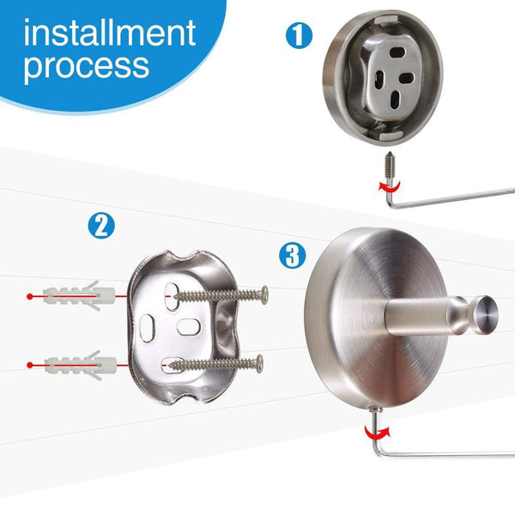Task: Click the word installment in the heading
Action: click(110, 33)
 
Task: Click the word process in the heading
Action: click(87, 66)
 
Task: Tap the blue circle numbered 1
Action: click(299, 35)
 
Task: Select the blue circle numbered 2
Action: click(101, 227)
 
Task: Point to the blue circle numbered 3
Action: click(293, 256)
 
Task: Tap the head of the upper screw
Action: click(264, 295)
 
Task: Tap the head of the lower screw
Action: click(259, 364)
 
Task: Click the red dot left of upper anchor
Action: click(30, 297)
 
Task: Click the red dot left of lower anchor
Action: click(30, 365)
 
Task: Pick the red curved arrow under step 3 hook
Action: click(378, 433)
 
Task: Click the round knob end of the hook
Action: click(487, 315)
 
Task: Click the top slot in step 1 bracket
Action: click(397, 52)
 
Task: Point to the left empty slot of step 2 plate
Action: click(147, 329)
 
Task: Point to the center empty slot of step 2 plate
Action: click(189, 327)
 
